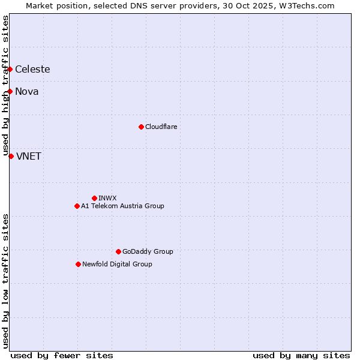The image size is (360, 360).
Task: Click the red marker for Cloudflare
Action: pyautogui.click(x=141, y=127)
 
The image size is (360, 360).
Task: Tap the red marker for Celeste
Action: pyautogui.click(x=10, y=69)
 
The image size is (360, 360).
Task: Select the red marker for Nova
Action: pyautogui.click(x=10, y=91)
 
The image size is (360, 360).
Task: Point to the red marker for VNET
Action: pyautogui.click(x=11, y=156)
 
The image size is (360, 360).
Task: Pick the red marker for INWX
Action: pyautogui.click(x=94, y=198)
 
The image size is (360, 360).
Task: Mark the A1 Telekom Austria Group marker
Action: pyautogui.click(x=77, y=206)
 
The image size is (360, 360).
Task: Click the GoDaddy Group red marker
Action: pyautogui.click(x=118, y=251)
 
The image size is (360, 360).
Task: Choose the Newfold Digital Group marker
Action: pyautogui.click(x=78, y=264)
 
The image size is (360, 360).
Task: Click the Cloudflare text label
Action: pyautogui.click(x=161, y=127)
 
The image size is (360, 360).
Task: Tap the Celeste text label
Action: pyautogui.click(x=32, y=69)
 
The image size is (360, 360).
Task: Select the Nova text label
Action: pyautogui.click(x=27, y=91)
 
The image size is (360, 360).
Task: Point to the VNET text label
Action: pyautogui.click(x=29, y=156)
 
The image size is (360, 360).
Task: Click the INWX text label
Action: pyautogui.click(x=107, y=198)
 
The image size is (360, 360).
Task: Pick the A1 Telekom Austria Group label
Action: pyautogui.click(x=122, y=206)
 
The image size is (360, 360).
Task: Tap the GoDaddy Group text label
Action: pyautogui.click(x=148, y=251)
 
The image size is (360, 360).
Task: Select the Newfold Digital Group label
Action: pyautogui.click(x=117, y=264)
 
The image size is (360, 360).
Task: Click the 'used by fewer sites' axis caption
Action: pyautogui.click(x=62, y=355)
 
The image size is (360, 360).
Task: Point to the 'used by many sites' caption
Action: pyautogui.click(x=301, y=355)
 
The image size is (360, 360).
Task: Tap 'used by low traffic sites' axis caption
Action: pyautogui.click(x=6, y=281)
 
